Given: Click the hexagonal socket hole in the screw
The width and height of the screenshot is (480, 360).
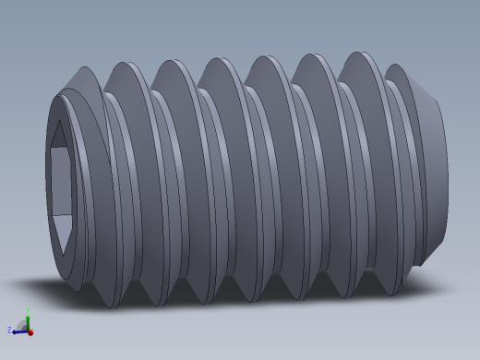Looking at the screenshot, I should tap(62, 185).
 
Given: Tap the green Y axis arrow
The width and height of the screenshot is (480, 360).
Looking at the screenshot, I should tap(28, 318).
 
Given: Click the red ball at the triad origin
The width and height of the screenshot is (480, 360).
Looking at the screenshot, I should tap(29, 330).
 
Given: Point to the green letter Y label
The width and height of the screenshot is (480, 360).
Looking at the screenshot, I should tap(28, 309).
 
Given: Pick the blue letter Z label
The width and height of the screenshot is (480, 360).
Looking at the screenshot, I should tap(9, 330).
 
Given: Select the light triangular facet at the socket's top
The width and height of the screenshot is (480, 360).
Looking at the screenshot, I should tap(60, 137).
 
